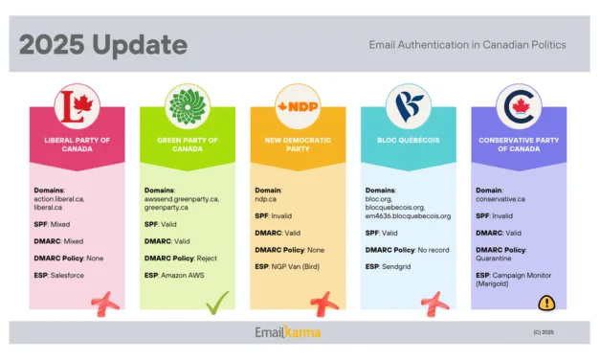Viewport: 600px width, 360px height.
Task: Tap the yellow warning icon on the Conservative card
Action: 546,303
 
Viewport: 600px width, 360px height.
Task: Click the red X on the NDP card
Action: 325,303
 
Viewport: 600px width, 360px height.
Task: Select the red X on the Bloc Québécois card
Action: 435,303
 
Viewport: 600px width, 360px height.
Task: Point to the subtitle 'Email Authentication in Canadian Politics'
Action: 467,44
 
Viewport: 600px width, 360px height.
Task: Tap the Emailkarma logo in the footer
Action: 287,332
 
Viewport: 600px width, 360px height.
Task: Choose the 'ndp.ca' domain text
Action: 267,200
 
